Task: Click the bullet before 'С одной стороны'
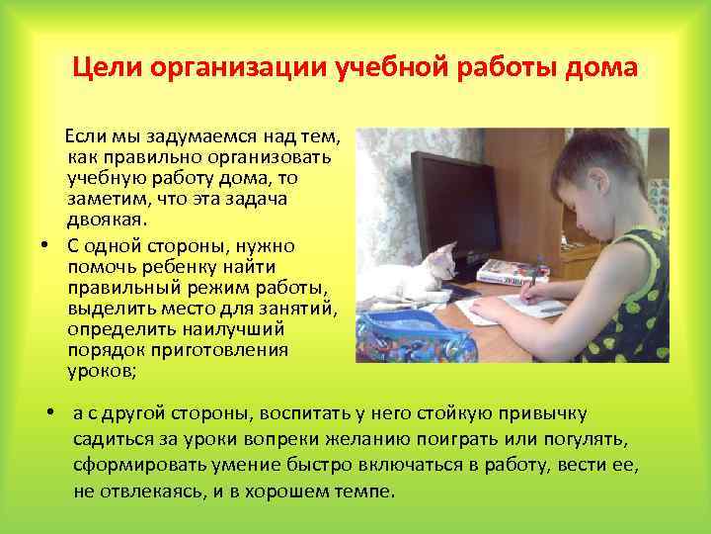click(45, 244)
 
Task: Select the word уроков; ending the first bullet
click(104, 373)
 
